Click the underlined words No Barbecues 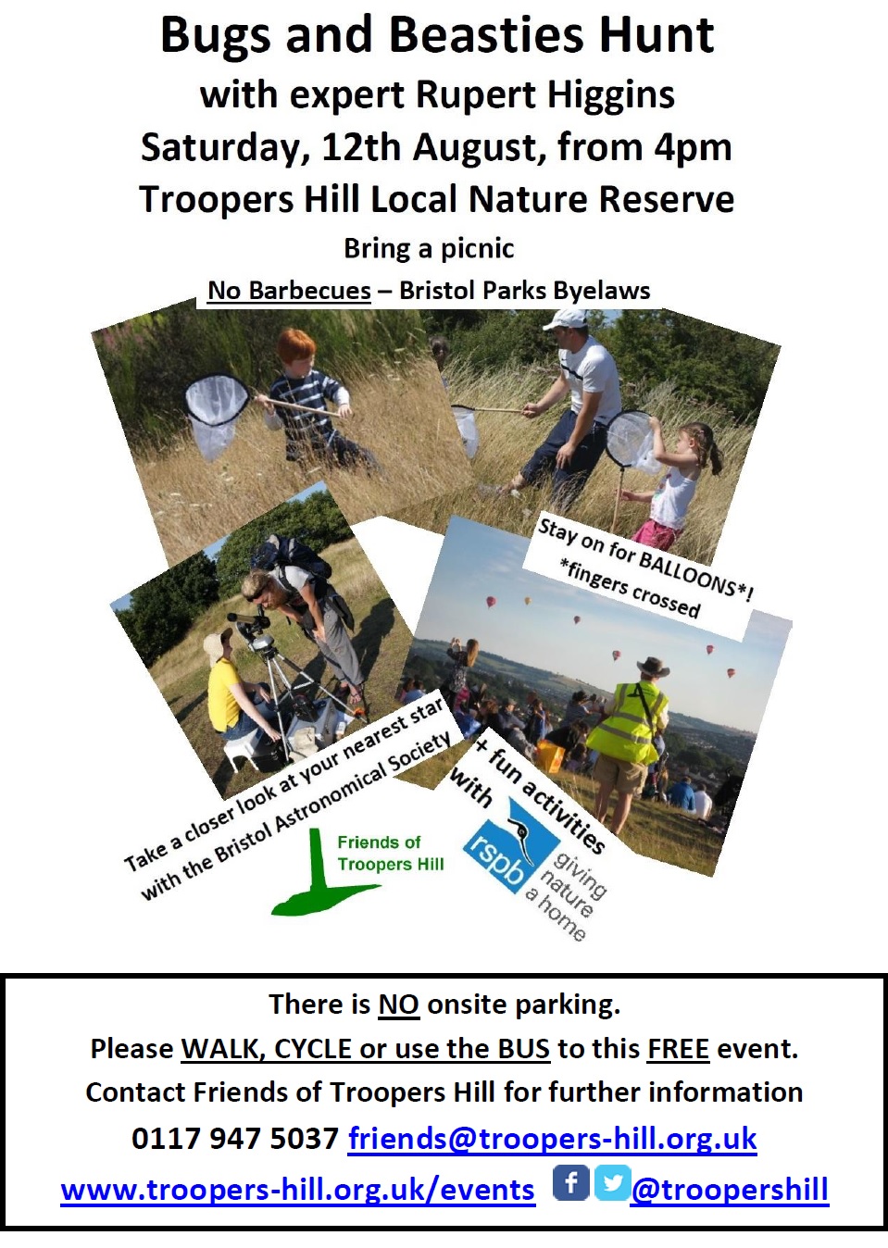[x=289, y=291]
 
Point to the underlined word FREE [x=678, y=1049]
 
